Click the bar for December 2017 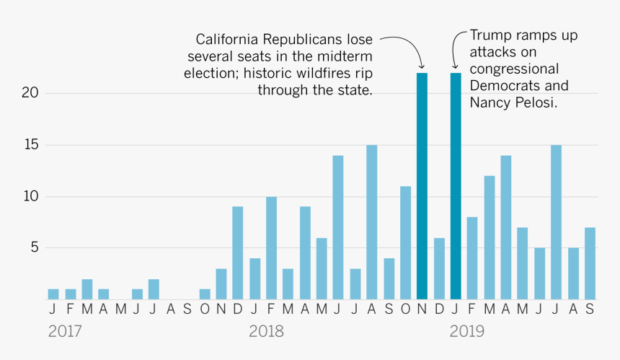pyautogui.click(x=237, y=253)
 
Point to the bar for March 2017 pyautogui.click(x=87, y=289)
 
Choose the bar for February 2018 pyautogui.click(x=271, y=248)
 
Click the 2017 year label pyautogui.click(x=65, y=332)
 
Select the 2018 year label pyautogui.click(x=266, y=332)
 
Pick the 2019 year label pyautogui.click(x=467, y=332)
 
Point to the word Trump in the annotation pyautogui.click(x=490, y=35)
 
